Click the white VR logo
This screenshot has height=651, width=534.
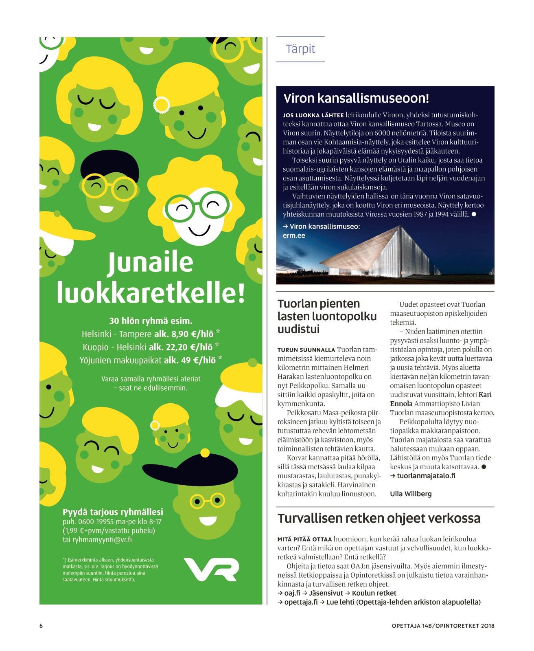coord(211,569)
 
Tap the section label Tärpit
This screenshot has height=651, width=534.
coord(300,49)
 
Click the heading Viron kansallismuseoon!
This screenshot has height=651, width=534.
coord(356,98)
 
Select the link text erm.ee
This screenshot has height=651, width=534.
coord(294,235)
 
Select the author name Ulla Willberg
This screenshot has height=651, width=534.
coord(411,494)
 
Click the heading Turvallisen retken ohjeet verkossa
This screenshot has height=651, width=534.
coord(379,518)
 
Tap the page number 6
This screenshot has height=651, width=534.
coord(41,626)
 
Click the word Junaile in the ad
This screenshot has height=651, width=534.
coord(151,263)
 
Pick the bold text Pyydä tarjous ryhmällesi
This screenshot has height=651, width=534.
coord(113,512)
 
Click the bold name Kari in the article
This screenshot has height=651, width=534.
coord(485,395)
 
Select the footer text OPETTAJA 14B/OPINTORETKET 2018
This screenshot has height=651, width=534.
coord(443,626)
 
